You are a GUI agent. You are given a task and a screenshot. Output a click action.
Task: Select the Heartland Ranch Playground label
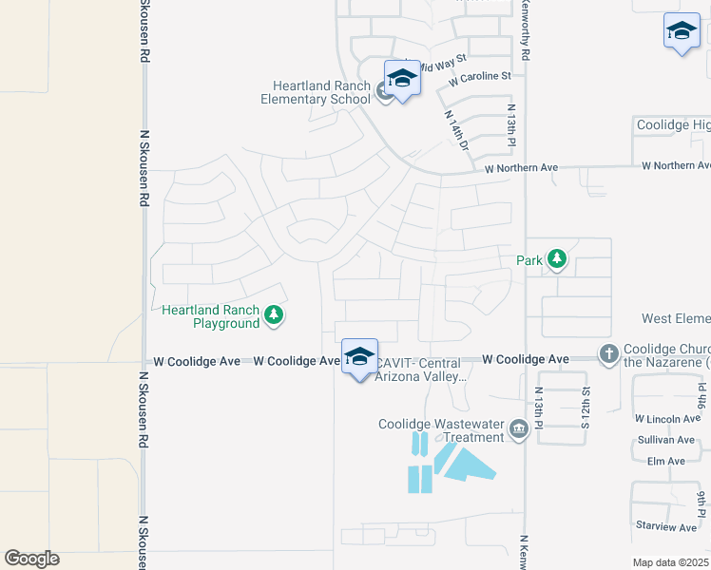pos(211,316)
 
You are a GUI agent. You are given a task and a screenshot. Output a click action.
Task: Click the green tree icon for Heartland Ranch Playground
pos(274,314)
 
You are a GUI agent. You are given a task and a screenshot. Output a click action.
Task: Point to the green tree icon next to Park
pos(556,259)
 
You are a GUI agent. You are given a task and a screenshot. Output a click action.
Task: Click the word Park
pos(528,260)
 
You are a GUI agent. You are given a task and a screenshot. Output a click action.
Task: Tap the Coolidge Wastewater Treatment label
pos(440,430)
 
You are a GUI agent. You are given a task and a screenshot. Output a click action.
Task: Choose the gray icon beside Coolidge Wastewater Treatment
pos(519,430)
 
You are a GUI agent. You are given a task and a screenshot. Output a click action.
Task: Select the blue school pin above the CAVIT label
pos(359,358)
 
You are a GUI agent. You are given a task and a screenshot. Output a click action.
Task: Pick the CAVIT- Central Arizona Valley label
pos(419,370)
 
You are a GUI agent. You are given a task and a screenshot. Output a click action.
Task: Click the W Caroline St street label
pos(481,76)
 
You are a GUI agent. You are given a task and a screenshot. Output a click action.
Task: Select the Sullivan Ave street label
pos(666,440)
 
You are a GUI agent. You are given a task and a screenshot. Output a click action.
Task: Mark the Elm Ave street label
pos(665,462)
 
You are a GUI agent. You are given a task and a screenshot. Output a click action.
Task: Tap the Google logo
pos(31,559)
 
